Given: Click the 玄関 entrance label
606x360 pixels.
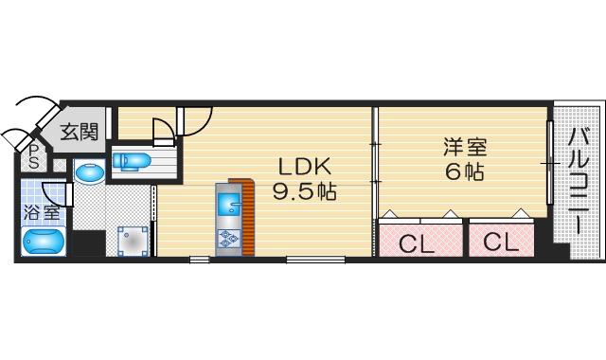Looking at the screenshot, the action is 80,132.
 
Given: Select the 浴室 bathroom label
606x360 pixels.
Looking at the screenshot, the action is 42,212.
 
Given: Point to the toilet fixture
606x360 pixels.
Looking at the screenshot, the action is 132,161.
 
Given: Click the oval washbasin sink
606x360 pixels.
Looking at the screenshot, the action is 90,171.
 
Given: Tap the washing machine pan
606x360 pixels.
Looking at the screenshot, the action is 133,242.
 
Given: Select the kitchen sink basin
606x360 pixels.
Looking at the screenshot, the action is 229,204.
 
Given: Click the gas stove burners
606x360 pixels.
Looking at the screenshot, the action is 229,239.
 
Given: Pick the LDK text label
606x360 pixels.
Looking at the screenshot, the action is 305,167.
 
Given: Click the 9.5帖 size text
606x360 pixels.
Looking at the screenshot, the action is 305,191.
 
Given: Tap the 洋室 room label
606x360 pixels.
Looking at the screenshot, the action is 465,147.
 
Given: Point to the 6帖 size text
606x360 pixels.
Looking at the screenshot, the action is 465,171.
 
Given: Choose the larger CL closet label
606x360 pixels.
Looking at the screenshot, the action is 417,244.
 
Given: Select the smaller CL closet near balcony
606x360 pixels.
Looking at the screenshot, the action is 501,243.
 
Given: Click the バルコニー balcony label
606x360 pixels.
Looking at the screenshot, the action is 579,181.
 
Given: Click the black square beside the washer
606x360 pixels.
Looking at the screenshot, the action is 89,243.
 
